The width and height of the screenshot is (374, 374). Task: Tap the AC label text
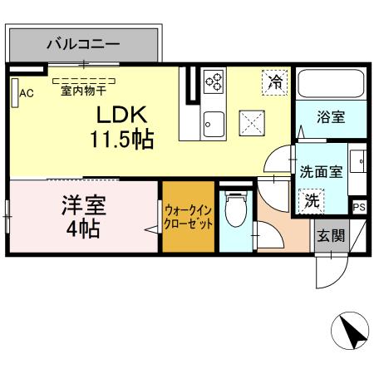[27, 92]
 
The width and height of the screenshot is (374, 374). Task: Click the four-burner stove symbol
[213, 81]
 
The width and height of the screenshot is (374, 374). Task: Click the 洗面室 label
[320, 172]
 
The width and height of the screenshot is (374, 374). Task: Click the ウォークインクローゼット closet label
[188, 218]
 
